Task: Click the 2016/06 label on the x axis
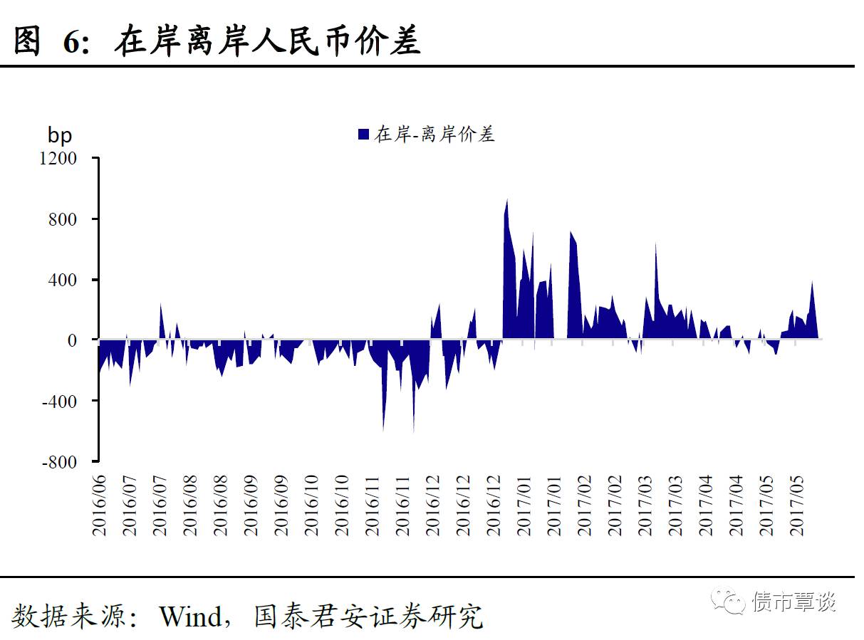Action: pos(99,502)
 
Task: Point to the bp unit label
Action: pos(60,134)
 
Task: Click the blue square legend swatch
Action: pos(363,134)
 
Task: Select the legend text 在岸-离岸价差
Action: pos(434,134)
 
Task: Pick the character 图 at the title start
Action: pos(27,41)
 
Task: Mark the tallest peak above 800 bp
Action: pos(507,200)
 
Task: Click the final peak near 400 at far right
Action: pos(812,283)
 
